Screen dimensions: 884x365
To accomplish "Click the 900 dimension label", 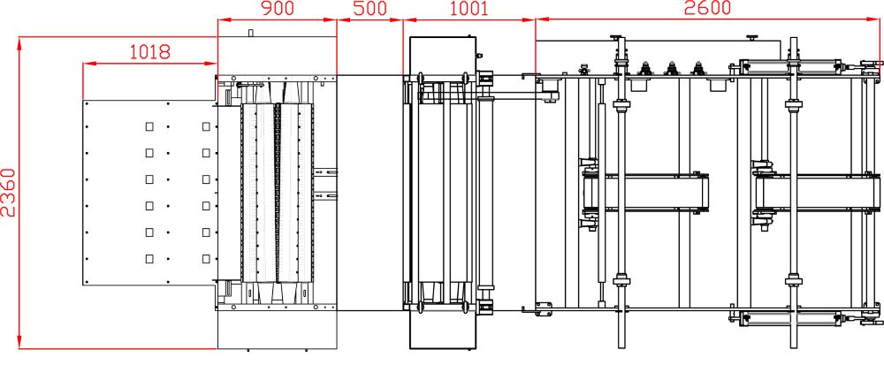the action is pyautogui.click(x=278, y=8).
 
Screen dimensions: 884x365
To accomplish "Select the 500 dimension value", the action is pyautogui.click(x=370, y=8).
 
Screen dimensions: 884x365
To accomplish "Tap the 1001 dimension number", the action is pyautogui.click(x=469, y=8).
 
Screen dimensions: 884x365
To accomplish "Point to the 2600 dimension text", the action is pyautogui.click(x=707, y=8).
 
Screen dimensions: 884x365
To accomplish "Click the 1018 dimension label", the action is pyautogui.click(x=150, y=52).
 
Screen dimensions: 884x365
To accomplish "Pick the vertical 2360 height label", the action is pyautogui.click(x=9, y=192).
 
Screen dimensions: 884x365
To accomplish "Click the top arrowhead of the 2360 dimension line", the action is pyautogui.click(x=19, y=42).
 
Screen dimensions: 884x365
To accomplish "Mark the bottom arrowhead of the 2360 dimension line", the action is pyautogui.click(x=19, y=343).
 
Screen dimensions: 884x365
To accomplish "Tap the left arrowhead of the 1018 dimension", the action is pyautogui.click(x=88, y=64).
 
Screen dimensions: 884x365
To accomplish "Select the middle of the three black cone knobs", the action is pyautogui.click(x=671, y=68).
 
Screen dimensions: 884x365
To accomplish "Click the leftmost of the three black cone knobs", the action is pyautogui.click(x=645, y=68).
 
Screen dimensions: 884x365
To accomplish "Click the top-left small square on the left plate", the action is pyautogui.click(x=149, y=126).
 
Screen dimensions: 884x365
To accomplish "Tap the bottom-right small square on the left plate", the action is pyautogui.click(x=206, y=259).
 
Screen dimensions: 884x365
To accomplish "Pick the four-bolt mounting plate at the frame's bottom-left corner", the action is pyautogui.click(x=545, y=308).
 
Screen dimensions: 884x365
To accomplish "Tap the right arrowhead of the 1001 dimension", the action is pyautogui.click(x=529, y=19).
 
